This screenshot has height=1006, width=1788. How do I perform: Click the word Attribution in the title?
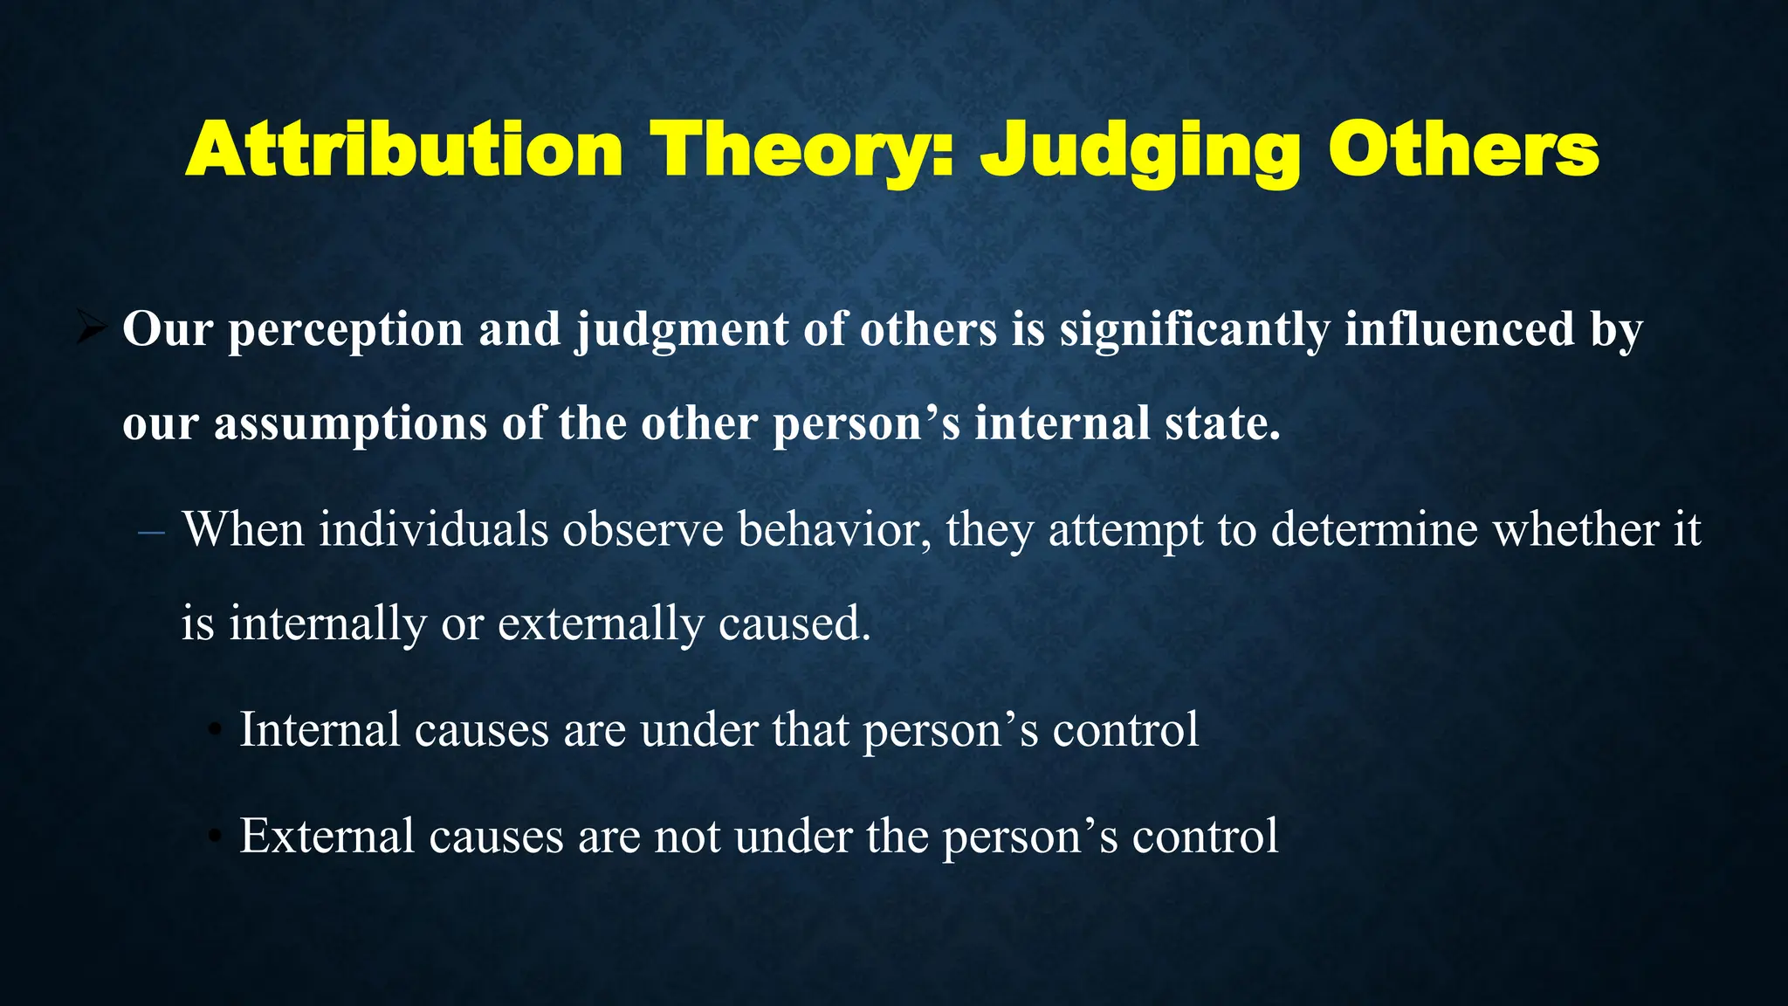[403, 150]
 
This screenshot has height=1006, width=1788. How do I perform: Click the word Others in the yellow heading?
[1463, 150]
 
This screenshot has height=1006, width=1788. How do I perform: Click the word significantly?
[1194, 331]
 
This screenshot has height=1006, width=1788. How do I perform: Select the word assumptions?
[350, 424]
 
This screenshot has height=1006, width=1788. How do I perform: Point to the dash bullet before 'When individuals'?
[151, 532]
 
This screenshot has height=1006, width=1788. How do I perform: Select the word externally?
[601, 624]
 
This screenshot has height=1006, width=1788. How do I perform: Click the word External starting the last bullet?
[327, 836]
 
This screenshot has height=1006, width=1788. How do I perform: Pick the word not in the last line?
[686, 836]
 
